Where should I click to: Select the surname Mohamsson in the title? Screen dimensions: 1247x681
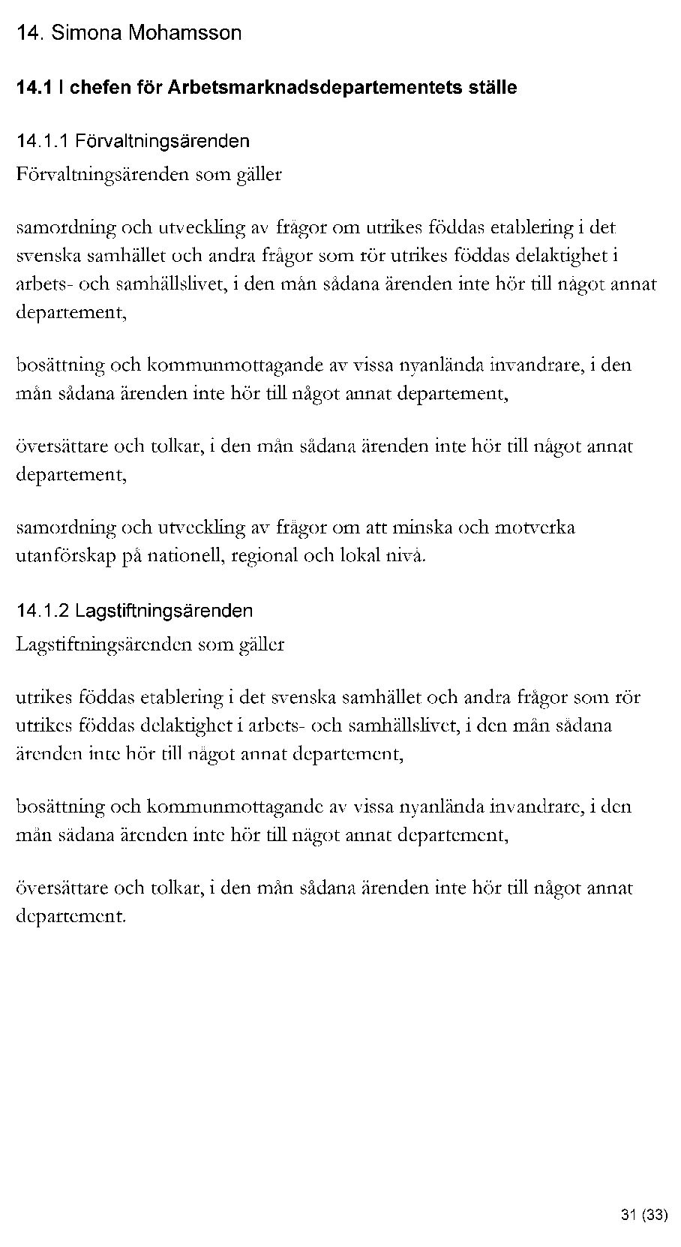click(184, 33)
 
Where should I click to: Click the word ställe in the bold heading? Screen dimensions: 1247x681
click(492, 88)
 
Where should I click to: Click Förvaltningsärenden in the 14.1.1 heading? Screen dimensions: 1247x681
click(162, 141)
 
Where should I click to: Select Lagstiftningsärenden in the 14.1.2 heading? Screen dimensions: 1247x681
click(164, 611)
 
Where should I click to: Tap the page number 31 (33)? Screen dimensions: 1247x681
click(643, 1215)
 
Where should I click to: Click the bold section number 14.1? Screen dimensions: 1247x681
click(34, 88)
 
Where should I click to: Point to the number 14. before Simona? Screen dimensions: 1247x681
click(31, 33)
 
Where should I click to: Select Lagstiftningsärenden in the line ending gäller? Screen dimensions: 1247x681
click(103, 645)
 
